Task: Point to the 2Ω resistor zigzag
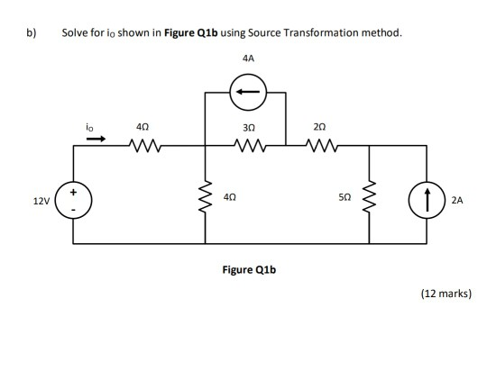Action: pyautogui.click(x=321, y=141)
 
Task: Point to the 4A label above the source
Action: pyautogui.click(x=249, y=57)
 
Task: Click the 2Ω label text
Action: pyautogui.click(x=319, y=124)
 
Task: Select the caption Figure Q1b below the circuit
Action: pyautogui.click(x=246, y=267)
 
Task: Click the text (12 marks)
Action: pyautogui.click(x=446, y=294)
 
